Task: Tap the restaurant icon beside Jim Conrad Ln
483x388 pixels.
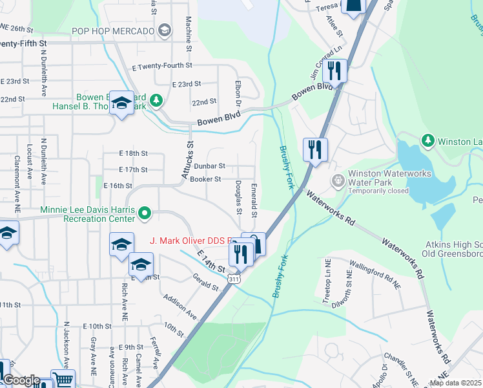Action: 334,70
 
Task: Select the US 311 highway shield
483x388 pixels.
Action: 232,277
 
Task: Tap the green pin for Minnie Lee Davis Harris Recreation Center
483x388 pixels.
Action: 145,211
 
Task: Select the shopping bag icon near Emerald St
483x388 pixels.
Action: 256,244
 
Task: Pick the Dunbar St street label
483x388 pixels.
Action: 209,166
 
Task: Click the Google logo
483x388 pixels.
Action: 21,380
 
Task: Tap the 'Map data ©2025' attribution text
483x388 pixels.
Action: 455,383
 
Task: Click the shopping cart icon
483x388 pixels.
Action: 63,380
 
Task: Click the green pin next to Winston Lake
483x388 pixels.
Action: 427,140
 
